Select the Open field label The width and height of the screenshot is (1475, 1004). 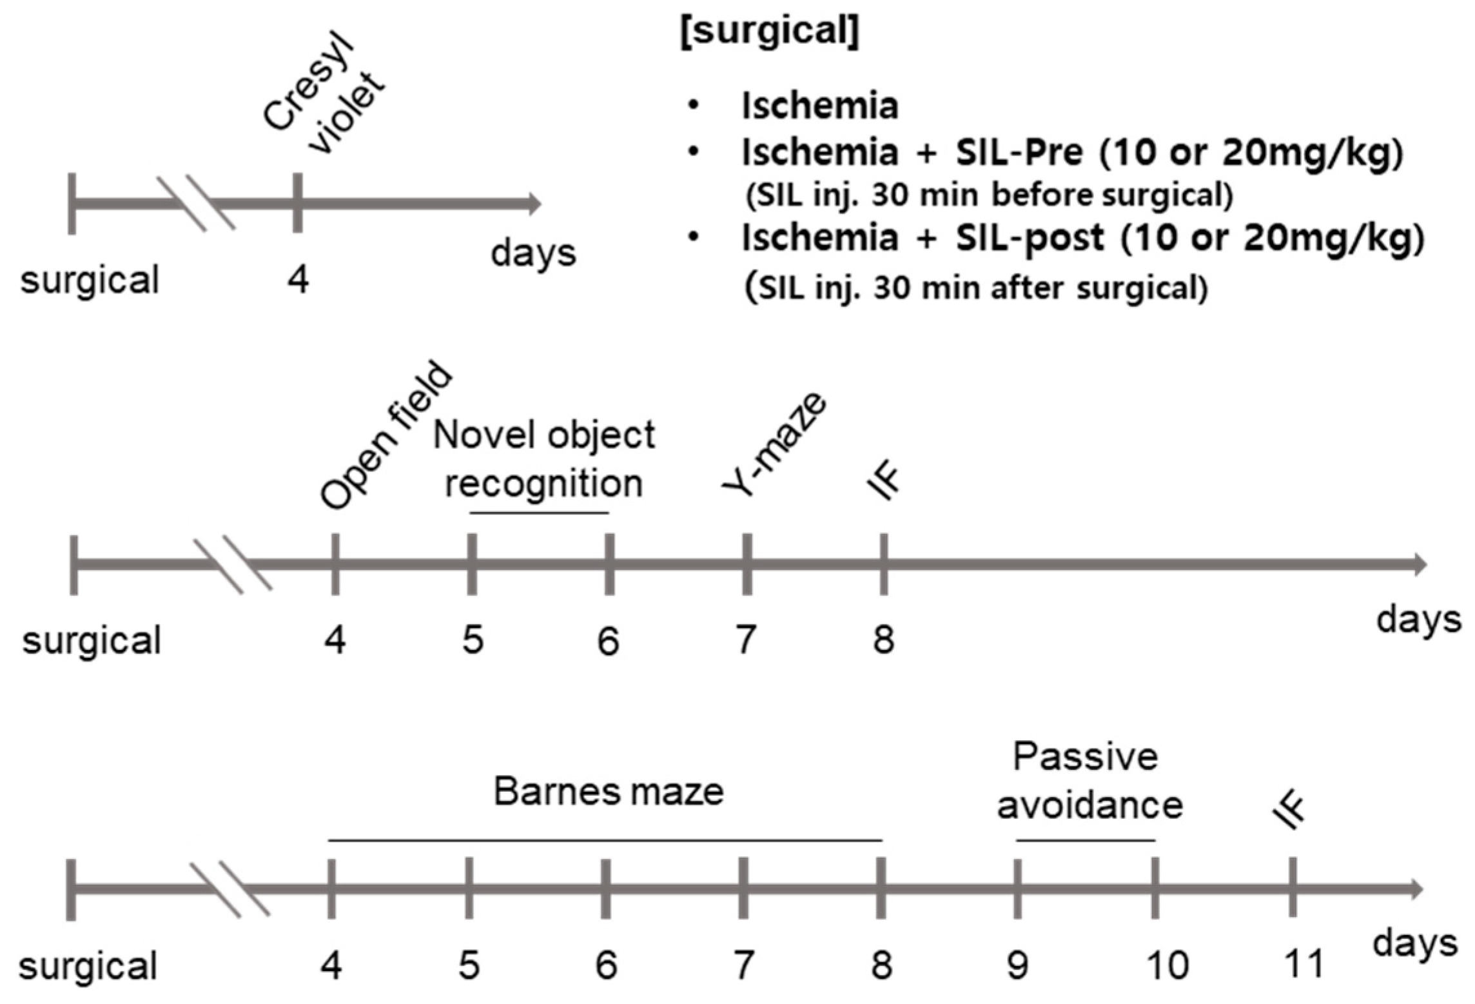387,435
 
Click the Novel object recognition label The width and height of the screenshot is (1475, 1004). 543,459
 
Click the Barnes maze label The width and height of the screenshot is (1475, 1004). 608,791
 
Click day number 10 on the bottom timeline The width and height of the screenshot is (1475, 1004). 1167,965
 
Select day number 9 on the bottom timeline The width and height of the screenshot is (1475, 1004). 1017,965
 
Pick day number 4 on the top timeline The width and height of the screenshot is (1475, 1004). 298,280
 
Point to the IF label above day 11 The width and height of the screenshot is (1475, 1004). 1289,811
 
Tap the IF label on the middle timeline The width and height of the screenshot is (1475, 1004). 884,483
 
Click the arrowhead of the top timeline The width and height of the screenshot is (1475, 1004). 535,204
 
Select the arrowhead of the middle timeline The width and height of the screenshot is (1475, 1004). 1420,564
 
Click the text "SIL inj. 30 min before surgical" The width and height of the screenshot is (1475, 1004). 989,195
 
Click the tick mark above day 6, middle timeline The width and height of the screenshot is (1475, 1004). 609,564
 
